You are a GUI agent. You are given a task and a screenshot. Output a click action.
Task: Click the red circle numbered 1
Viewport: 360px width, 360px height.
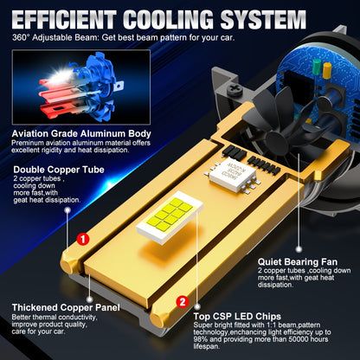click(x=83, y=239)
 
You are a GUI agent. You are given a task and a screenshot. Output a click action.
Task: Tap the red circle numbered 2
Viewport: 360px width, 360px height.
click(x=183, y=302)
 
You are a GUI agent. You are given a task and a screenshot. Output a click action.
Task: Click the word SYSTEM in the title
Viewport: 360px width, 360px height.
click(x=263, y=20)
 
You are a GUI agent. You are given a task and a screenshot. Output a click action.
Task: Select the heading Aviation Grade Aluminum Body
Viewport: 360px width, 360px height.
click(x=81, y=134)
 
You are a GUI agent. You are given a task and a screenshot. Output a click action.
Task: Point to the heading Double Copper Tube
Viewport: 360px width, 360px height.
click(x=59, y=170)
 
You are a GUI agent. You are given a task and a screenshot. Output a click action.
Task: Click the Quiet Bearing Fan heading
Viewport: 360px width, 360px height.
click(x=298, y=262)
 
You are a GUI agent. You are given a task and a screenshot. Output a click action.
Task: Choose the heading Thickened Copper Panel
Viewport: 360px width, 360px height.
click(x=66, y=307)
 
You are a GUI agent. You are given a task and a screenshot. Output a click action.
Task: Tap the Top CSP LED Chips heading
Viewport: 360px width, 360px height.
click(x=237, y=317)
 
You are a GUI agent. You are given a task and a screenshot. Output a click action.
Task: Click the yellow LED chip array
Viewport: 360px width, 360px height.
click(x=170, y=215)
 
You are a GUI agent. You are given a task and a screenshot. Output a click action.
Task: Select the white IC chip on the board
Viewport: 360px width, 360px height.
click(x=233, y=174)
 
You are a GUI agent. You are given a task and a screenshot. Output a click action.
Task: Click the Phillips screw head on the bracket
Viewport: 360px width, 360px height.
click(x=235, y=89)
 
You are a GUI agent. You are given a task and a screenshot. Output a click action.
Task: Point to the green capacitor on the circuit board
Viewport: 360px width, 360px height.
click(x=317, y=67)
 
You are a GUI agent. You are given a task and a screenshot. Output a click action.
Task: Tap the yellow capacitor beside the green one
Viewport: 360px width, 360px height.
click(x=327, y=70)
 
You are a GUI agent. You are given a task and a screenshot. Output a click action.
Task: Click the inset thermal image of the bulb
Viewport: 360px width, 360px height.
click(x=81, y=87)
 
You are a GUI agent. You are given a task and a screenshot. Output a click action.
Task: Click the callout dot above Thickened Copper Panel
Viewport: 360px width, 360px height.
click(x=90, y=299)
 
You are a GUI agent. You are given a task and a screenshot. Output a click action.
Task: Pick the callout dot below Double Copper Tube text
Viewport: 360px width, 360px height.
click(x=67, y=210)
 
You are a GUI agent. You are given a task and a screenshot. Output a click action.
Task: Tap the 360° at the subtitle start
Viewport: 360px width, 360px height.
click(x=21, y=38)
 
